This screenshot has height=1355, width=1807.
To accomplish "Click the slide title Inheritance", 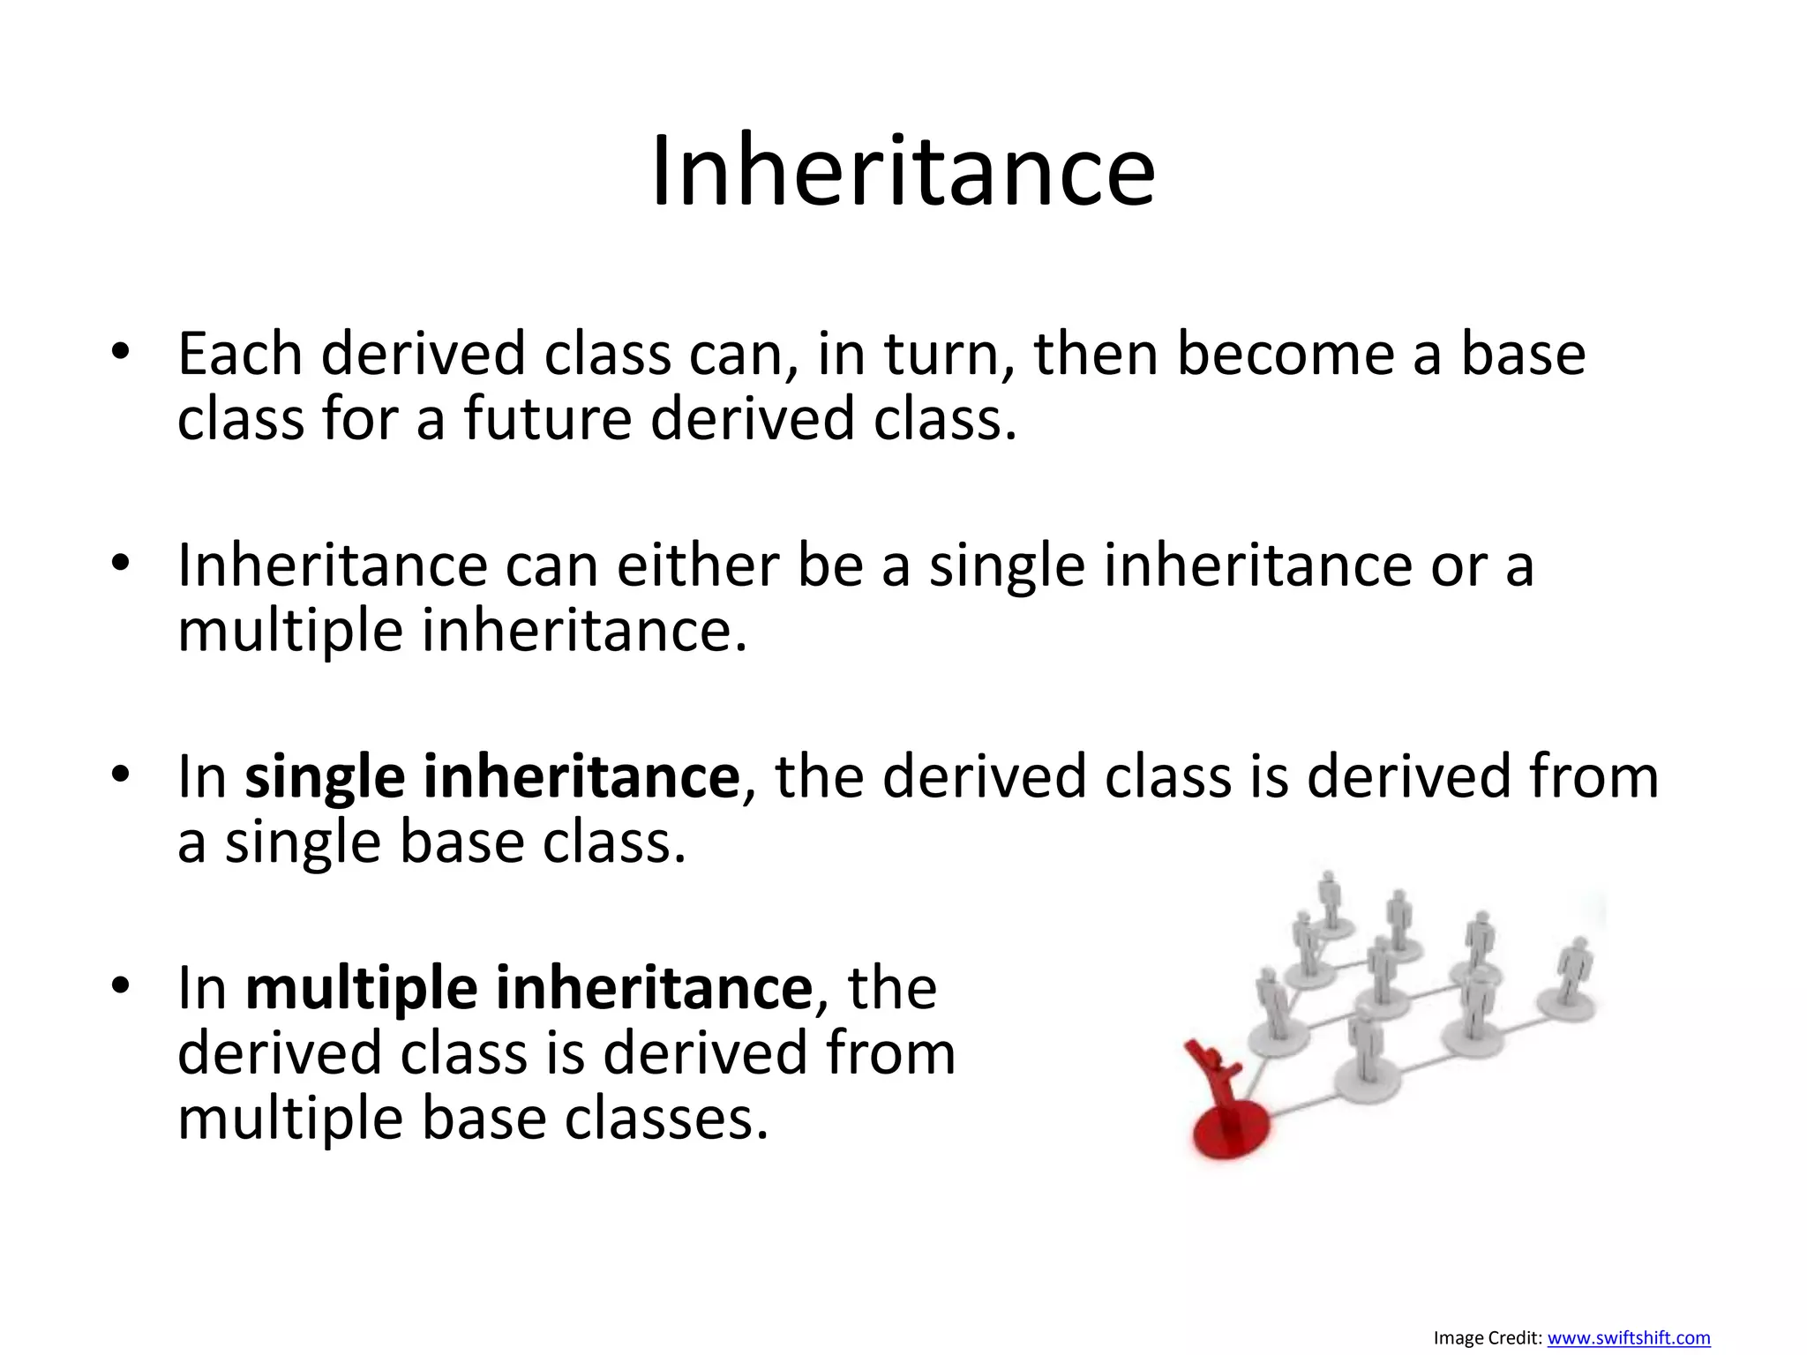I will [903, 171].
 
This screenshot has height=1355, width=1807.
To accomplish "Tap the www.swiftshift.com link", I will [1628, 1338].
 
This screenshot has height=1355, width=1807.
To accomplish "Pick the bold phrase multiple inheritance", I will [529, 988].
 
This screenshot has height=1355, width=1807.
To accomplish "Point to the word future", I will [547, 418].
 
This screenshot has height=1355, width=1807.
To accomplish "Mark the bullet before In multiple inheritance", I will [121, 985].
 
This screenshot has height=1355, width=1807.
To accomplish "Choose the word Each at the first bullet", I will [240, 354].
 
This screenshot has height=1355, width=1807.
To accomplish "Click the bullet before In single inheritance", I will [121, 775].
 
